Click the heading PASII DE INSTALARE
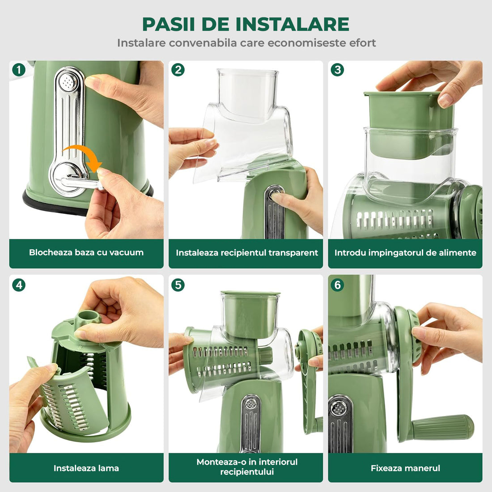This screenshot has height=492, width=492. pos(246,24)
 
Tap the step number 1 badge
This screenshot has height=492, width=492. pos(18,70)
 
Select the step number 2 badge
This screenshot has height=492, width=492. pos(178,70)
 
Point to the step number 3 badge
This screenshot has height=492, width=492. pos(337,70)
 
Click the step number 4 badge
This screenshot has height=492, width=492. pos(18,285)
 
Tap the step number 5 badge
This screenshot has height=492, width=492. pos(178,285)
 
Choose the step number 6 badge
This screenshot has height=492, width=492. pos(337,285)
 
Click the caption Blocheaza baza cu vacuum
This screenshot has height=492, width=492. pos(86,253)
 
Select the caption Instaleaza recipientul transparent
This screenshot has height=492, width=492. pos(246,253)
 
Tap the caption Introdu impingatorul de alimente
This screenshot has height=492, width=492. pos(405,253)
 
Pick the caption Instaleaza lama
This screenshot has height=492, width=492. pos(86,468)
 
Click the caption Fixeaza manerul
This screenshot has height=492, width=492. pos(405,468)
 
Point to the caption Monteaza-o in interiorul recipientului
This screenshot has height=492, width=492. pos(246,467)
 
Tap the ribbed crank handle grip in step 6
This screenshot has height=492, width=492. pos(443,427)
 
